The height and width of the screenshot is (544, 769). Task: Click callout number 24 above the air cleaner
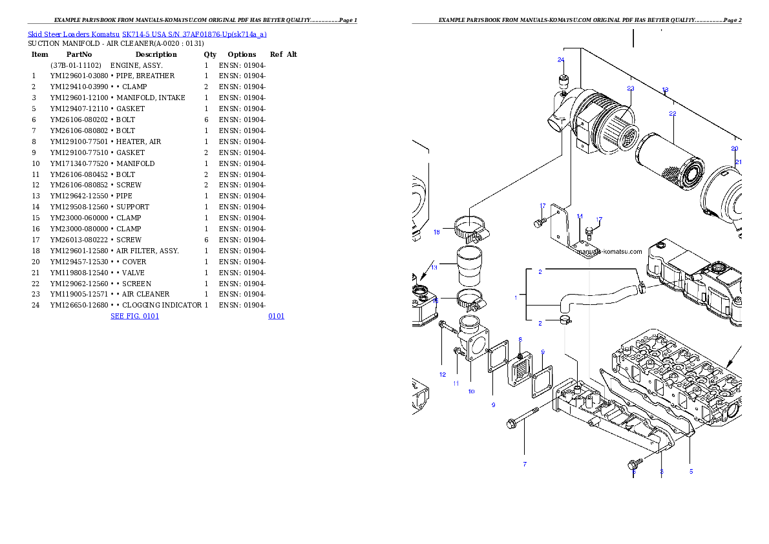561,60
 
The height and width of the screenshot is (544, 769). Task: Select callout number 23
630,89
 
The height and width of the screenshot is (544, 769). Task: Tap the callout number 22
672,114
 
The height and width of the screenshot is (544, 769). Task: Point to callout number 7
524,464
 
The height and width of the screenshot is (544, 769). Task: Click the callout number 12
443,375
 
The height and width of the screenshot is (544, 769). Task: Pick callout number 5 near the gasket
691,472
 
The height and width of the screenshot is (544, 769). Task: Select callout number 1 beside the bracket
516,298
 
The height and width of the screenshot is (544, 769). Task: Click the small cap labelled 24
563,83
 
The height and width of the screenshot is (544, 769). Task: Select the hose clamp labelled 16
470,228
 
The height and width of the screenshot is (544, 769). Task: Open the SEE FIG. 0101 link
134,316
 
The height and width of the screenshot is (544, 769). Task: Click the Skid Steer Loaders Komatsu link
74,34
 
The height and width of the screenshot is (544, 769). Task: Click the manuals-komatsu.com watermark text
609,252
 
